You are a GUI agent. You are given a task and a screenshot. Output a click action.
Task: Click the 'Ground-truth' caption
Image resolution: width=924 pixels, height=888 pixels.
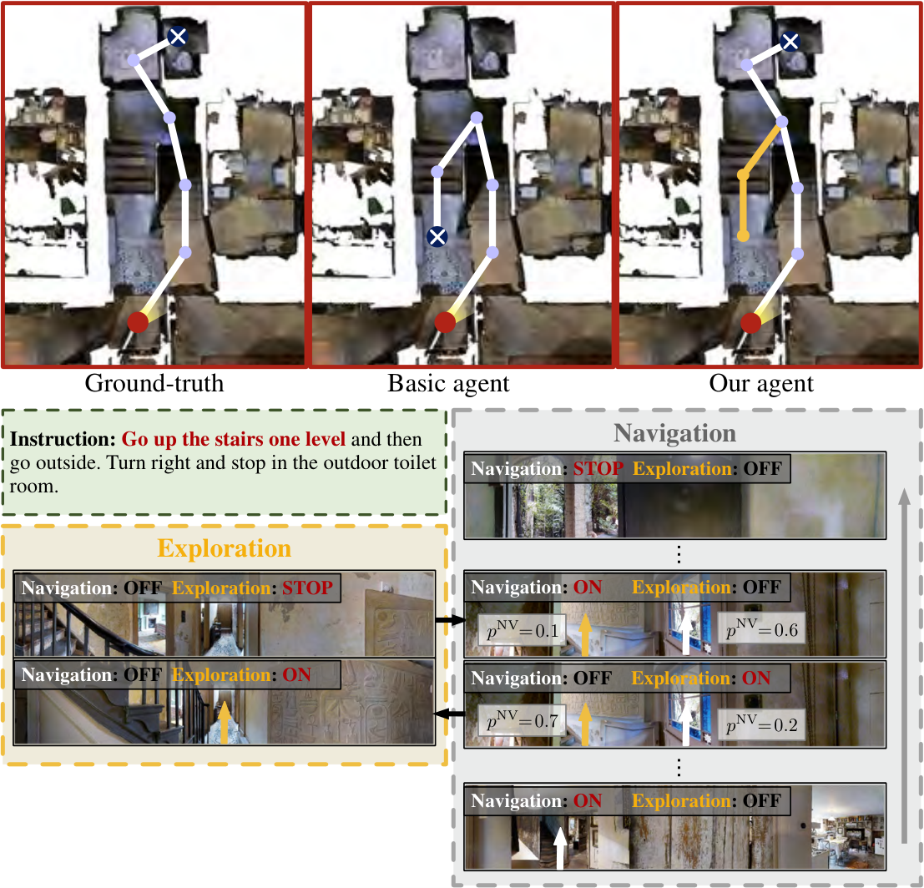point(154,384)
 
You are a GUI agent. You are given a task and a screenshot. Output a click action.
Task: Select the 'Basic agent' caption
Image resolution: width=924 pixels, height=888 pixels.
point(448,384)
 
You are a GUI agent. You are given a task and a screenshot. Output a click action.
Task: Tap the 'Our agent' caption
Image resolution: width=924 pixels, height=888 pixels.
point(761,384)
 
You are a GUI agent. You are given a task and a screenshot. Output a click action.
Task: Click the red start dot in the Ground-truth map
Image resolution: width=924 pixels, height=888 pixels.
point(138,322)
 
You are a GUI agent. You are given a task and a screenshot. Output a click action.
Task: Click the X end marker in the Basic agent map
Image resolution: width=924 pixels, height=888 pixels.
point(437,237)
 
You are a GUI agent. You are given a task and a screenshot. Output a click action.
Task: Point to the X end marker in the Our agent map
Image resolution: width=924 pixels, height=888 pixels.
point(790,41)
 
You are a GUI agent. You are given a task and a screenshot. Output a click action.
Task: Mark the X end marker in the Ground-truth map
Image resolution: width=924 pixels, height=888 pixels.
point(178,37)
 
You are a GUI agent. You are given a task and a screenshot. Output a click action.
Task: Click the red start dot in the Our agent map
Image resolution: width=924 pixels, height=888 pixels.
point(750,323)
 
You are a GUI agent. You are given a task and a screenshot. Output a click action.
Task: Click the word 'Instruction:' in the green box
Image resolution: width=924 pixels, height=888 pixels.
point(63,440)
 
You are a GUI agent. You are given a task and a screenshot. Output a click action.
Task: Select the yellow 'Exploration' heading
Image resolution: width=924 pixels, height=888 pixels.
point(224,548)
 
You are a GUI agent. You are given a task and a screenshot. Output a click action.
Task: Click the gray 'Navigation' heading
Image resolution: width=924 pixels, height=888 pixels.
point(674,433)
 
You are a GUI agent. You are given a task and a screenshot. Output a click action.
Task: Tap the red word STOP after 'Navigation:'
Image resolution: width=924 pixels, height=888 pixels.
point(598,468)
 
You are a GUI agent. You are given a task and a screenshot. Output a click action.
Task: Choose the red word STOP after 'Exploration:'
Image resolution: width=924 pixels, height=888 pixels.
point(308,588)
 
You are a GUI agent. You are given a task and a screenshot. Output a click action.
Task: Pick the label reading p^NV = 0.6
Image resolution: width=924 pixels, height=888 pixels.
point(761,631)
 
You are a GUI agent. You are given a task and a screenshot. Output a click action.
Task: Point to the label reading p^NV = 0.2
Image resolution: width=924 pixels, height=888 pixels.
point(761,724)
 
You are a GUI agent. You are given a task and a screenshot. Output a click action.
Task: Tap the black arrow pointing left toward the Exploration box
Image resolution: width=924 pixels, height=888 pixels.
point(450,714)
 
